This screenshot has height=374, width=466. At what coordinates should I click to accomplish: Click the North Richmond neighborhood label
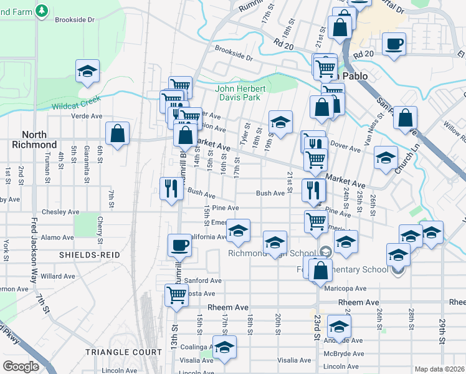[39, 139]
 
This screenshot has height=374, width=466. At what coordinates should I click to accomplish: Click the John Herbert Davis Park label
[241, 93]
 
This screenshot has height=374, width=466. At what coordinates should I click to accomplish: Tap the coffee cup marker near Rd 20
[394, 44]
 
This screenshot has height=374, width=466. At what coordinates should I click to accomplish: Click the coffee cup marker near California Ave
[179, 244]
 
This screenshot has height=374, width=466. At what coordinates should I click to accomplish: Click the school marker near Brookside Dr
[88, 71]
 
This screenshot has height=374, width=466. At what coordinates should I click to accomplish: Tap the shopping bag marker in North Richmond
[117, 133]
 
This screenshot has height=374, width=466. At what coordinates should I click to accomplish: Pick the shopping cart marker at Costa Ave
[177, 295]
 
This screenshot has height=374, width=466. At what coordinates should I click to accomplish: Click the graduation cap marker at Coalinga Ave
[225, 347]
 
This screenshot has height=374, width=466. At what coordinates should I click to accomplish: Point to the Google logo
[21, 366]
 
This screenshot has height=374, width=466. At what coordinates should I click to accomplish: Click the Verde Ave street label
[87, 116]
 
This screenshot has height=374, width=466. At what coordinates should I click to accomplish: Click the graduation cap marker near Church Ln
[386, 157]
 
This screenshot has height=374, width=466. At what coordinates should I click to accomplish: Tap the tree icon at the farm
[42, 10]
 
